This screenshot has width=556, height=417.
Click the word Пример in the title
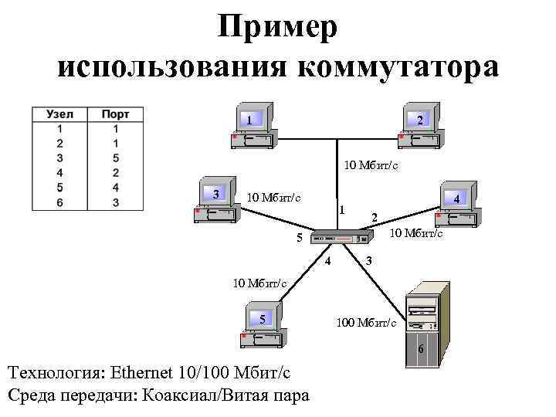[x=277, y=29]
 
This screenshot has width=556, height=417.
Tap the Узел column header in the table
[x=60, y=114]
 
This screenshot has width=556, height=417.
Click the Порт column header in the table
[x=115, y=114]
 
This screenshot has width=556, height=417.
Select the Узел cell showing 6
[x=60, y=202]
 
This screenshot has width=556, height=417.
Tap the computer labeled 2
[x=418, y=127]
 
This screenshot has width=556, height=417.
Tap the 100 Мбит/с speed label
[x=366, y=322]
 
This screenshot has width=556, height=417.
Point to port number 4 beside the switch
[x=327, y=260]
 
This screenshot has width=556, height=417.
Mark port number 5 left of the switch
[x=300, y=237]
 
